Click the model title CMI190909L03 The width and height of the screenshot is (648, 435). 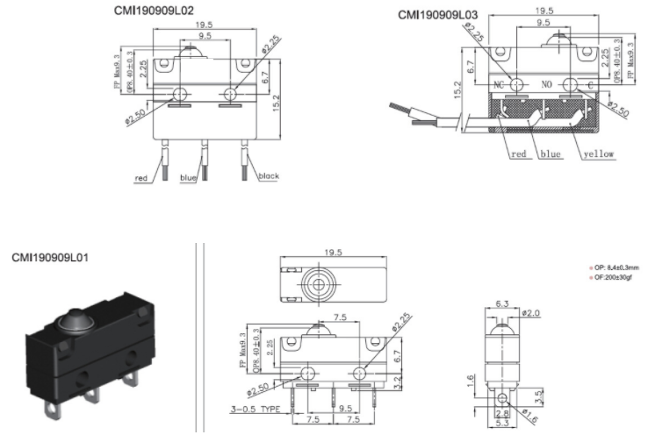point(440,14)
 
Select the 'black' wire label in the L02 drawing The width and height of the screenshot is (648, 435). point(268,176)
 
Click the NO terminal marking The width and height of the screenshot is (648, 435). point(546,86)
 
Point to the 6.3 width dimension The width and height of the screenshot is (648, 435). point(502,304)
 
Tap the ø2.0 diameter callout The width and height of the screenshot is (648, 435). point(532,312)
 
